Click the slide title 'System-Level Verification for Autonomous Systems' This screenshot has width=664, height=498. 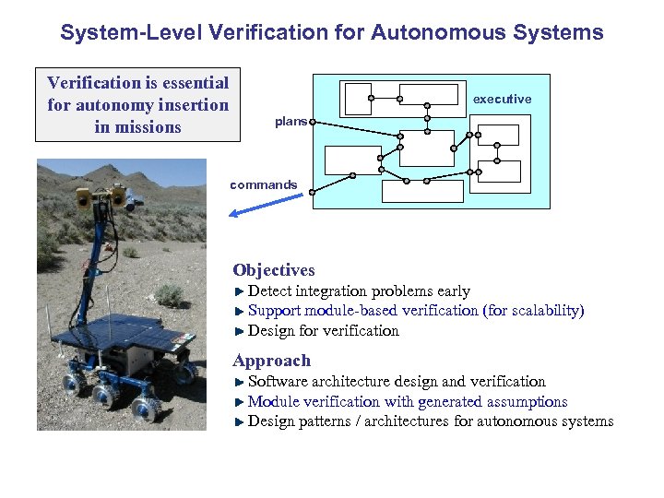(x=332, y=33)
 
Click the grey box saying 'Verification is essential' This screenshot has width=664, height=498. (x=137, y=105)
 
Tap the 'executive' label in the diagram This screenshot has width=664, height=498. (x=502, y=99)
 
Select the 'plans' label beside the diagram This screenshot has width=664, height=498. (x=290, y=122)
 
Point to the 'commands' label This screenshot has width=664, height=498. (x=264, y=184)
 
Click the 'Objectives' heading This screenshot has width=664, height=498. (x=274, y=270)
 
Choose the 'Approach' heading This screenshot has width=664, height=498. (x=272, y=361)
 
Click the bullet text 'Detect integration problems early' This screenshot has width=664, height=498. (x=359, y=291)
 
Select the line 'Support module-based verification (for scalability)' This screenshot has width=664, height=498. (x=416, y=311)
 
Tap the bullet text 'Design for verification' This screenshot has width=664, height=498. (x=324, y=330)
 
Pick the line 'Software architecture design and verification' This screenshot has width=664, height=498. (x=397, y=381)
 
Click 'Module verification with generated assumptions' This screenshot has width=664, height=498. (x=408, y=401)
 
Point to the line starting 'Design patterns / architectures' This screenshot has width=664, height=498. (x=431, y=421)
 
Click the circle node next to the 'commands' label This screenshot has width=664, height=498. (x=314, y=192)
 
